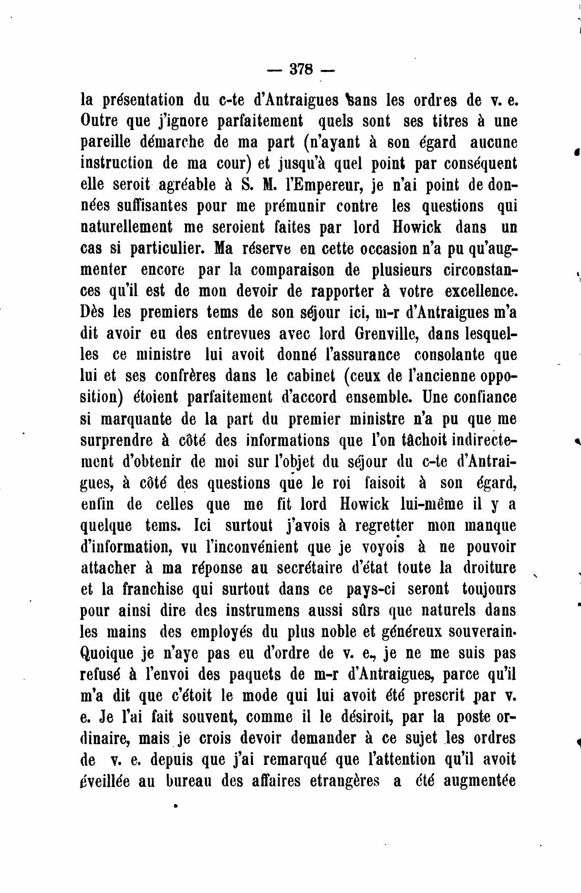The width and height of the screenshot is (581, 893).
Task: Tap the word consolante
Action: point(451,354)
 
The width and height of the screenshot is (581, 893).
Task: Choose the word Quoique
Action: point(105,653)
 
